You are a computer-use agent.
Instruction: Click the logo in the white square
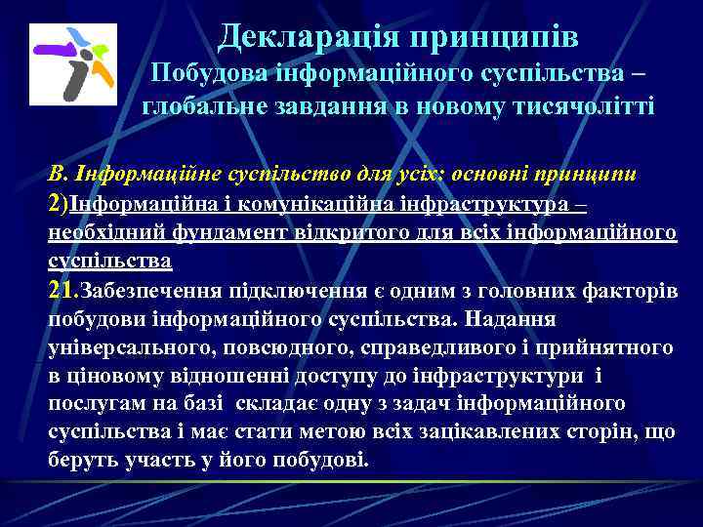click(73, 64)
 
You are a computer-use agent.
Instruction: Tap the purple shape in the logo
click(52, 46)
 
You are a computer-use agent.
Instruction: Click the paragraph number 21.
click(63, 290)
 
